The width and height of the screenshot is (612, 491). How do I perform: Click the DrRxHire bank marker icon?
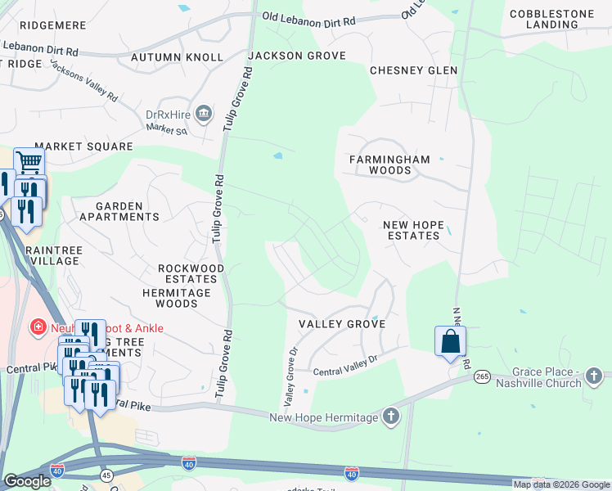(204, 112)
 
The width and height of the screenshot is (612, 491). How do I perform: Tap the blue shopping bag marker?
(450, 342)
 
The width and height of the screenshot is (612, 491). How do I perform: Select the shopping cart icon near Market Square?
(29, 162)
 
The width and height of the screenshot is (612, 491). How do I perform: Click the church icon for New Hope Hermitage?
(391, 417)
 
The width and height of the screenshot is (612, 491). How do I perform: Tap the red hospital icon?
(37, 328)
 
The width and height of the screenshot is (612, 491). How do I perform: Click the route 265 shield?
(483, 376)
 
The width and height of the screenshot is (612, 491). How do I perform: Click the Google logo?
(27, 481)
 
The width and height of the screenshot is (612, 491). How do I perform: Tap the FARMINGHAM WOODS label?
(378, 164)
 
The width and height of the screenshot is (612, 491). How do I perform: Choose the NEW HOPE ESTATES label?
(412, 230)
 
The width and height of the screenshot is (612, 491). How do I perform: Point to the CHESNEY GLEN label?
(413, 70)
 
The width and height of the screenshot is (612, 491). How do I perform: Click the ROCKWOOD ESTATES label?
(191, 273)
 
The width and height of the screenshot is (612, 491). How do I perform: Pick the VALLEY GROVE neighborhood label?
(341, 324)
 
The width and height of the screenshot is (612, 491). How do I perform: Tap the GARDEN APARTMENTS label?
(119, 212)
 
